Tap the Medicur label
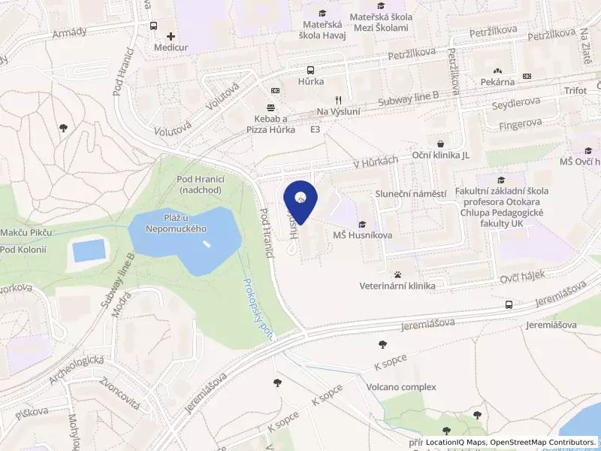pyautogui.click(x=170, y=47)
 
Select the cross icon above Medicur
pyautogui.click(x=171, y=35)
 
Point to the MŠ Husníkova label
pyautogui.click(x=362, y=235)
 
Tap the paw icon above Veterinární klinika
pyautogui.click(x=397, y=274)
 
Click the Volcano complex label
pyautogui.click(x=401, y=387)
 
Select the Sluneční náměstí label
pyautogui.click(x=411, y=194)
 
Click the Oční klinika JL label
pyautogui.click(x=441, y=155)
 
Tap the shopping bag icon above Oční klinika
pyautogui.click(x=440, y=143)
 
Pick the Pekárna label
pyautogui.click(x=497, y=81)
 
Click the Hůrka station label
pyautogui.click(x=310, y=81)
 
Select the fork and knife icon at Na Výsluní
pyautogui.click(x=339, y=99)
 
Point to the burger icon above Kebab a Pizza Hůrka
pyautogui.click(x=271, y=107)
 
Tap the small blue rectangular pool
pyautogui.click(x=89, y=250)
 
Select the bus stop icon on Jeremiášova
pyautogui.click(x=509, y=305)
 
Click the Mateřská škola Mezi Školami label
pyautogui.click(x=379, y=22)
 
